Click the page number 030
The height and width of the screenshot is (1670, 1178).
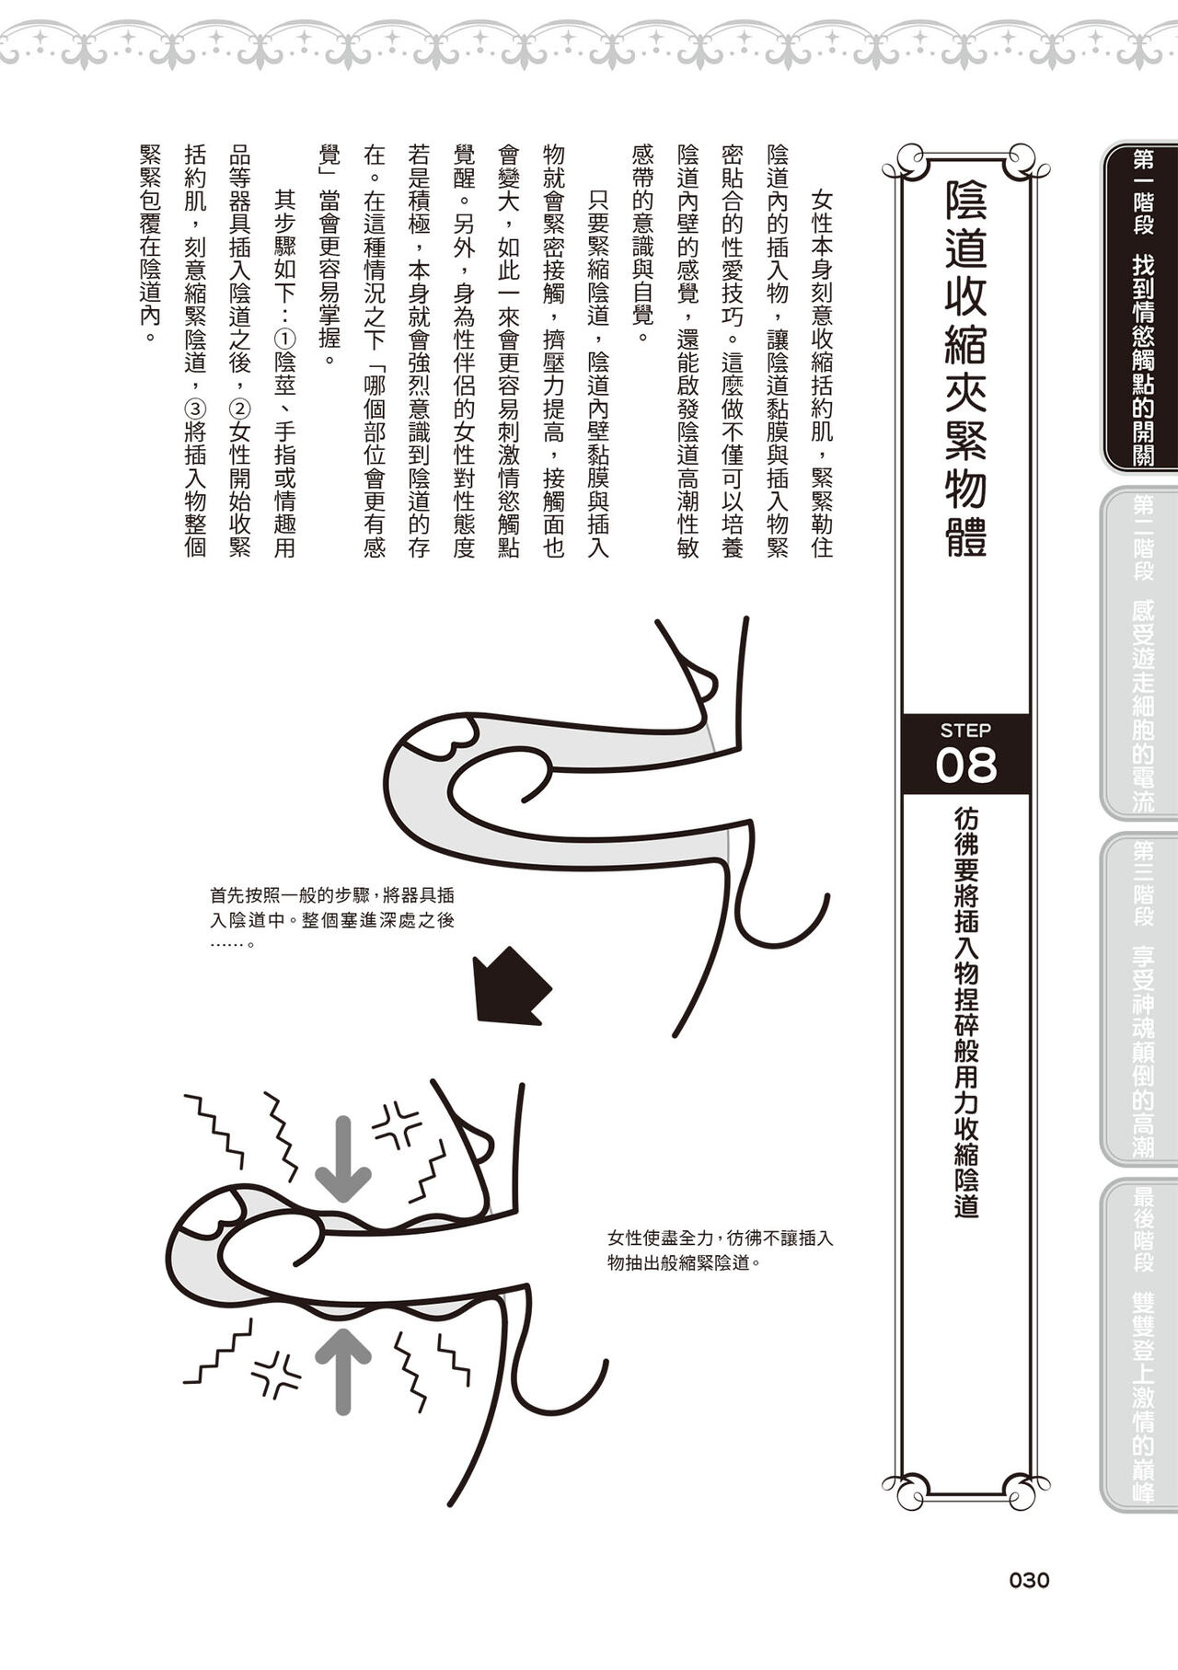(x=1029, y=1581)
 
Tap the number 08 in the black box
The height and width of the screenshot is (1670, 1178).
(x=965, y=766)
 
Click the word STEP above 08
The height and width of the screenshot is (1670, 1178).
(x=965, y=731)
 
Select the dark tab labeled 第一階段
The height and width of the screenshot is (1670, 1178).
(x=1142, y=307)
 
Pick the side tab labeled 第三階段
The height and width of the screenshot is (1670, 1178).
(x=1142, y=999)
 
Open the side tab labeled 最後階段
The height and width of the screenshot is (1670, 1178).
(x=1142, y=1344)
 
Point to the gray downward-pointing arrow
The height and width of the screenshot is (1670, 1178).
(x=343, y=1158)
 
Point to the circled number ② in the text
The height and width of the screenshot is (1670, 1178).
(x=239, y=406)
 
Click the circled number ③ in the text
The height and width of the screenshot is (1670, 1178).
(x=194, y=406)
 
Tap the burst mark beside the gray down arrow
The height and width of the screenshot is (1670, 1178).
(x=395, y=1124)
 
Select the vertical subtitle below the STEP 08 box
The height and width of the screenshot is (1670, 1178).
(x=965, y=1012)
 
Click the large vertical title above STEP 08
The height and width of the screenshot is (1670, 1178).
(x=965, y=368)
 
